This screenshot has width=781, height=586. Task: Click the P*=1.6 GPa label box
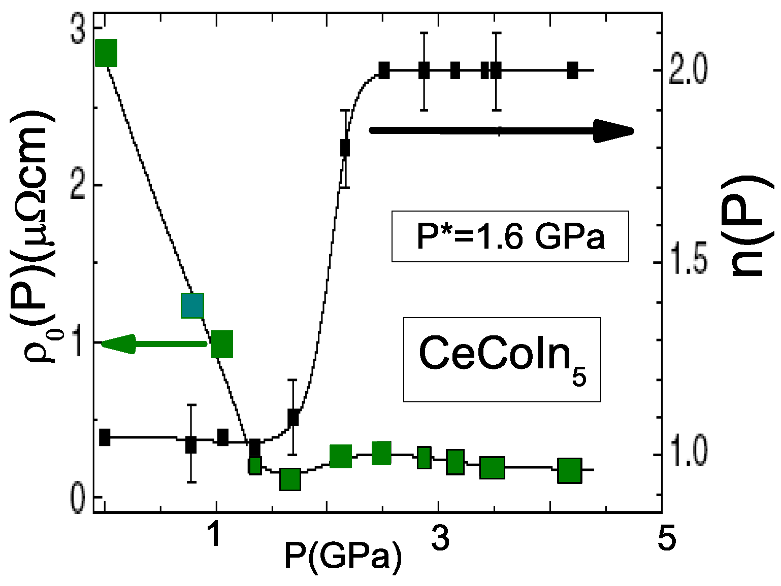pos(510,236)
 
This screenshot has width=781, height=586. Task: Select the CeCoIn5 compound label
pos(502,359)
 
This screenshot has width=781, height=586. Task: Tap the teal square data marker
pos(192,305)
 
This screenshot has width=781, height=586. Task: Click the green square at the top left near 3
pos(106,52)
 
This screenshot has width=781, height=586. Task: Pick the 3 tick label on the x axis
pos(440,538)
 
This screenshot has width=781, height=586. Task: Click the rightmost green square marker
pos(569,470)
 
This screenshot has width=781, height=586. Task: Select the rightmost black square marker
pos(572,71)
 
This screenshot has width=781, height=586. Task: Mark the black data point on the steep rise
pos(345,148)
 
